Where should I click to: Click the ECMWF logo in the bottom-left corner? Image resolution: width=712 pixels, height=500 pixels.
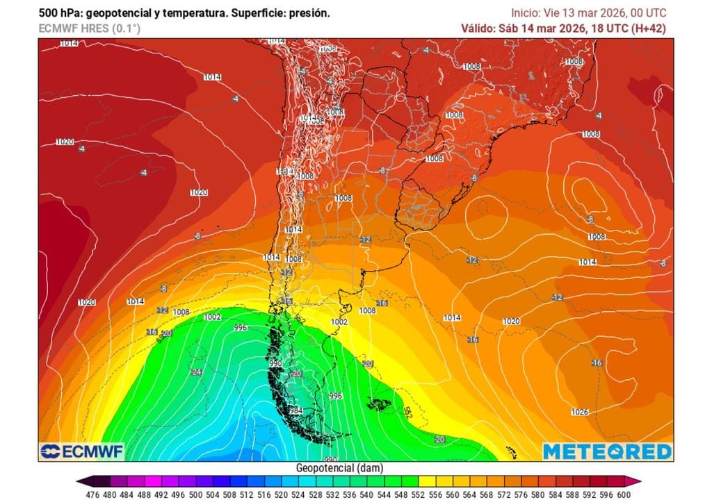(81, 451)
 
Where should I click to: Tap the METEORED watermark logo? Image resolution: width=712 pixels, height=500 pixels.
(607, 451)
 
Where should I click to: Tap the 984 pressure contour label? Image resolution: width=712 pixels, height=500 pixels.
(296, 411)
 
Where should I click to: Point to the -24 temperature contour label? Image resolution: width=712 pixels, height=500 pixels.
(197, 372)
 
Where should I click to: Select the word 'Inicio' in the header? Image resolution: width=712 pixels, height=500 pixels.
(524, 13)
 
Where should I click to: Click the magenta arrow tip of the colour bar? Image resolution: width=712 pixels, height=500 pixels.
(638, 481)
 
